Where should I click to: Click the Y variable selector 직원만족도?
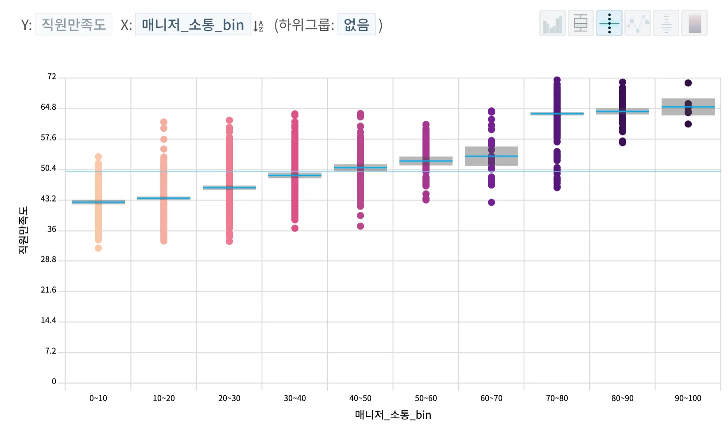click(x=74, y=24)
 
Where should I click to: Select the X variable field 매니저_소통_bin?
click(x=193, y=24)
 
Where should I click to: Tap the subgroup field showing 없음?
click(x=356, y=24)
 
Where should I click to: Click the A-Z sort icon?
click(x=258, y=26)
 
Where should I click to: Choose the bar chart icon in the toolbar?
click(x=552, y=23)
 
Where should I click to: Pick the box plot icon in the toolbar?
click(x=581, y=23)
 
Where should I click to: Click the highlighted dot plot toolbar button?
click(x=609, y=23)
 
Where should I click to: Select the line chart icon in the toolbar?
click(x=637, y=23)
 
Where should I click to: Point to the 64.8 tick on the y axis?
click(x=49, y=107)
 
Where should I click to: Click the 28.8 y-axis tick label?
click(x=49, y=260)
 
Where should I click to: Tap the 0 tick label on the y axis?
click(x=54, y=382)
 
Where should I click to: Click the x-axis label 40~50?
click(x=360, y=398)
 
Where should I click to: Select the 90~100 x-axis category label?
click(x=688, y=398)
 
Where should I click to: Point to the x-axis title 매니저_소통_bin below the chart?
click(x=393, y=415)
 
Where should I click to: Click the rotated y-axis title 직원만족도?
click(x=23, y=230)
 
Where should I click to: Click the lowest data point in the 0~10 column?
click(x=98, y=248)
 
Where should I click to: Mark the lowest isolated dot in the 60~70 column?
click(x=492, y=203)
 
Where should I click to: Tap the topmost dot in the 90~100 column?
click(x=688, y=83)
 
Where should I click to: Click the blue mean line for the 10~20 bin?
click(x=164, y=198)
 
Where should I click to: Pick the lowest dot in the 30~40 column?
click(x=295, y=228)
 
